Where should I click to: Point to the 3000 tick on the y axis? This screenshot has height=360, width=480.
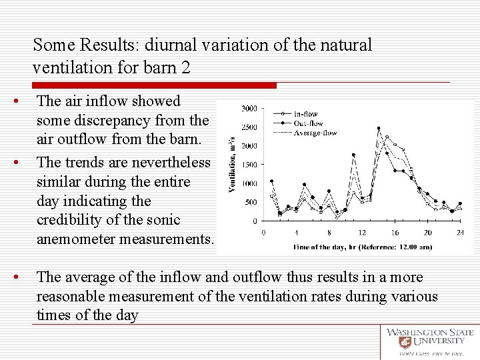[249, 108]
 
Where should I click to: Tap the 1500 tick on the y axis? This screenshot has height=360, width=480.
[249, 165]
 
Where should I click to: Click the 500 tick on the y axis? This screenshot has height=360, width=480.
[251, 203]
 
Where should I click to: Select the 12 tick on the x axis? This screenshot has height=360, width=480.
[362, 233]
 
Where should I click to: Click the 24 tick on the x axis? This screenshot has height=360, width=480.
[460, 233]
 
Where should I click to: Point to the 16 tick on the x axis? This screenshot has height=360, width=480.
[395, 233]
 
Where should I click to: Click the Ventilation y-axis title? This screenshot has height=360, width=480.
[232, 163]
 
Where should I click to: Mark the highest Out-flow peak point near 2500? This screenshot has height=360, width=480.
[379, 128]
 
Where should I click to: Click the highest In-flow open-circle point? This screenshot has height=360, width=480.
[387, 137]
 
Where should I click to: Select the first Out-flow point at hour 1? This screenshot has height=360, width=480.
[271, 181]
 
